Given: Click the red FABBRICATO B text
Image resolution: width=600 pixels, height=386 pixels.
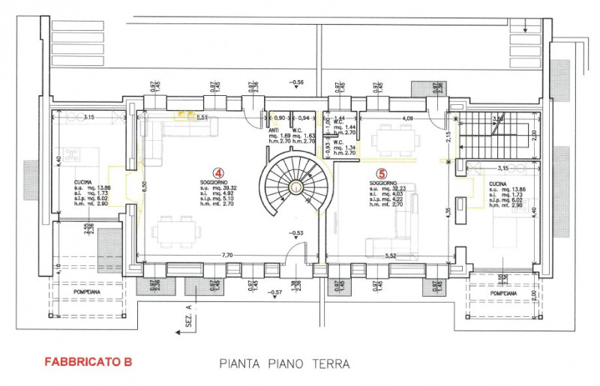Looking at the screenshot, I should (88, 361).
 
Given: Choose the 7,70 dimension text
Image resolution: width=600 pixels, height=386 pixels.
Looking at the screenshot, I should (226, 256).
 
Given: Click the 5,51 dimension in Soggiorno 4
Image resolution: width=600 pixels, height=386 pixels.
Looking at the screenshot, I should (202, 118).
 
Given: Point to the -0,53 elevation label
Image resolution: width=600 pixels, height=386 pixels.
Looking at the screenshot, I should (297, 233).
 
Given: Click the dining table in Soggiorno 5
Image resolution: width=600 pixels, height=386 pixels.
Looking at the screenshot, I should (394, 136).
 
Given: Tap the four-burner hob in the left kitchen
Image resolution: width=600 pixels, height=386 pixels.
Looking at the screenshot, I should (73, 155).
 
